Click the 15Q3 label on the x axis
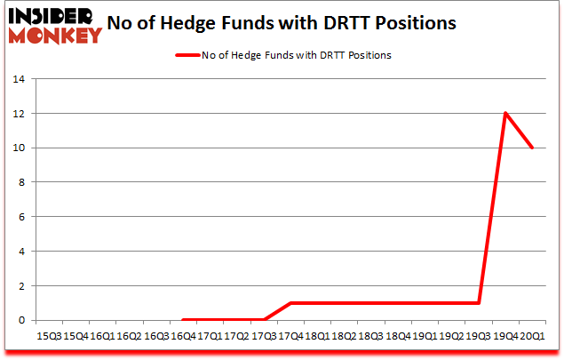49,337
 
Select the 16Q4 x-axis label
181,337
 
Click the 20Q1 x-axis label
532,337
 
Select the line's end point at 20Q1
533,148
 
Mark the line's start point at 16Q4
183,320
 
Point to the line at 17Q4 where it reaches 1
291,303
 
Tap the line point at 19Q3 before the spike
480,303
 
